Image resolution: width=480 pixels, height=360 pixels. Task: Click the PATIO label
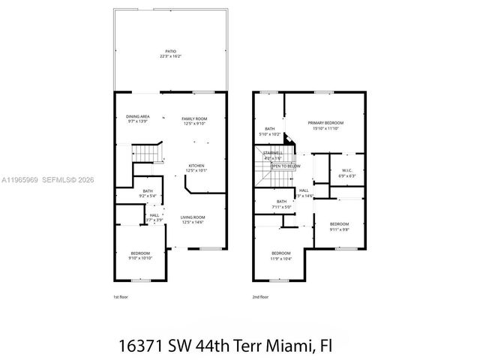tap(171, 51)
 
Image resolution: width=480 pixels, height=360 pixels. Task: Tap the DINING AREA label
tap(137, 116)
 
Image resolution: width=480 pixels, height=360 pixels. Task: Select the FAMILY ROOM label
tap(195, 118)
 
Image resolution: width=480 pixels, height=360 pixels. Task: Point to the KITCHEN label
tap(196, 165)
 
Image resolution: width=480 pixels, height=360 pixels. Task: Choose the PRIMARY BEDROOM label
tap(325, 122)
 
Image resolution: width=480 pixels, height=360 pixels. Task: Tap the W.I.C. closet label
tap(347, 170)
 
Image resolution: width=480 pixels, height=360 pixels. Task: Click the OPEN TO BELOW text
tap(286, 166)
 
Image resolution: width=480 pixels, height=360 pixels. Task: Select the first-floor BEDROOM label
tap(140, 253)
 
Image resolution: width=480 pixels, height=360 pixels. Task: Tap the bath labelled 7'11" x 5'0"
tap(281, 205)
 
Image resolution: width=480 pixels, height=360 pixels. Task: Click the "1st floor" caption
tap(121, 297)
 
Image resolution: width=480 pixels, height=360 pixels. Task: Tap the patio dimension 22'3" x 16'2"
tap(171, 56)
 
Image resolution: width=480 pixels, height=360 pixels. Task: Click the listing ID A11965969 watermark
tap(21, 179)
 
